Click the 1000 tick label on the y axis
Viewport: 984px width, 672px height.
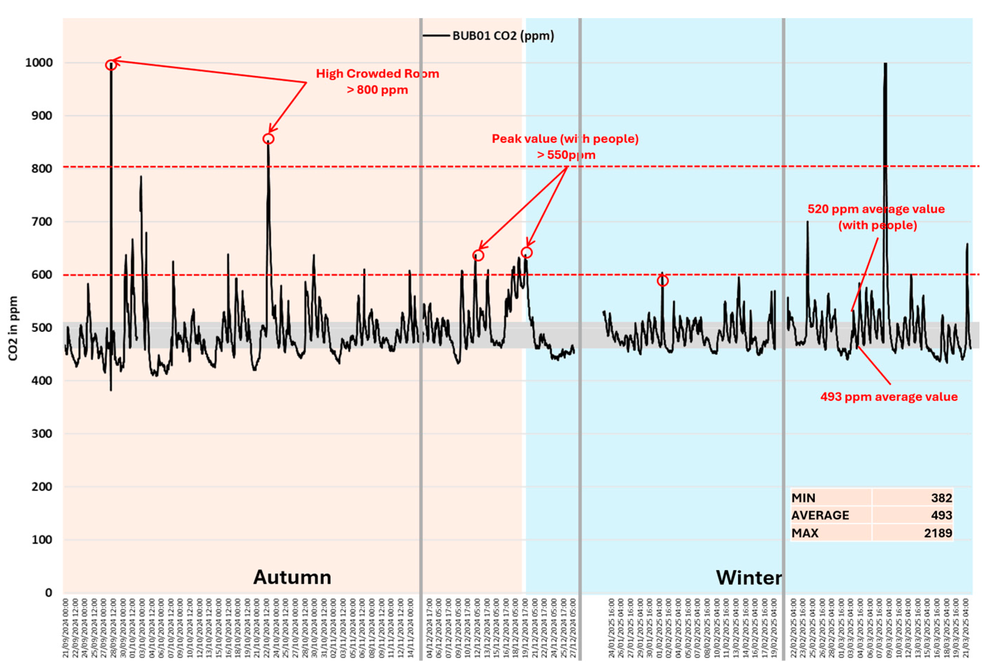coord(39,63)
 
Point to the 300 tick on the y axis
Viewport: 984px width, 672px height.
coord(42,433)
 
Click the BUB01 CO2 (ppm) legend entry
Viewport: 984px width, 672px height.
coord(503,36)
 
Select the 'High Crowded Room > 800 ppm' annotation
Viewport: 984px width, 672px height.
coord(377,82)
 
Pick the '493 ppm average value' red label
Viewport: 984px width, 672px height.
coord(889,397)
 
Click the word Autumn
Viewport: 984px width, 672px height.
coord(292,577)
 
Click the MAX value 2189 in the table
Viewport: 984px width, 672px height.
coord(938,533)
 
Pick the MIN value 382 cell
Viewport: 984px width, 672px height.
coord(941,498)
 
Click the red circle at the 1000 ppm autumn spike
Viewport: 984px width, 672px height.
coord(111,65)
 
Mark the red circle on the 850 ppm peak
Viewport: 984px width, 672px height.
coord(268,139)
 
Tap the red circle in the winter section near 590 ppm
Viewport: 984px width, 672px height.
coord(663,281)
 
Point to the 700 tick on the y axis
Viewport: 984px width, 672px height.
coord(42,222)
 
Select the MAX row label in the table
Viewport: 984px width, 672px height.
coord(805,533)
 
